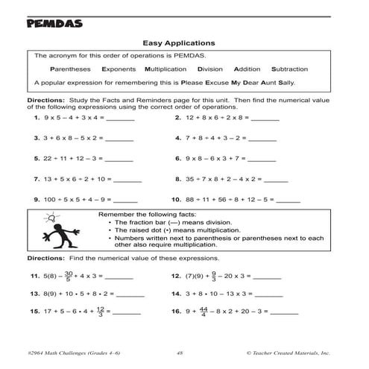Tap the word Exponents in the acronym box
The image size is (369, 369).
(x=118, y=69)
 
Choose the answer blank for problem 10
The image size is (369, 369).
(x=287, y=201)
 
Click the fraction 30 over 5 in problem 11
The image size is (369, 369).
(x=69, y=276)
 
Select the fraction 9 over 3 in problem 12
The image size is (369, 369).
(x=214, y=276)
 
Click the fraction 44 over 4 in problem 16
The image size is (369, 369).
(x=204, y=314)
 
